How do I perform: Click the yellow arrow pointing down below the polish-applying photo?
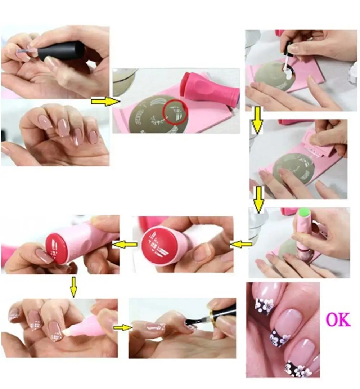pos(257,122)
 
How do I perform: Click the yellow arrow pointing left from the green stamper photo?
pos(241,245)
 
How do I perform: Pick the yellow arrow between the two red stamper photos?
pos(125,245)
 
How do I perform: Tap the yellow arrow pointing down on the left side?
pos(73,287)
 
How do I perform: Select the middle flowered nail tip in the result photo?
pos(280,338)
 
